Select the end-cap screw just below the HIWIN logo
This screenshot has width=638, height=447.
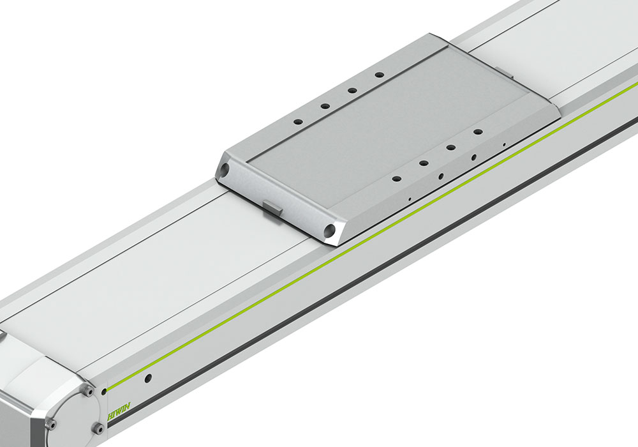pos(98,427)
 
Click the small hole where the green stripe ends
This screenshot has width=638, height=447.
pos(104,391)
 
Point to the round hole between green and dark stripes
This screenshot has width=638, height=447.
pos(148,379)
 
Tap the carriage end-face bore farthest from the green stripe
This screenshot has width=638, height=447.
pos(225,170)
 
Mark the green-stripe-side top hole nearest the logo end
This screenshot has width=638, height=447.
pos(396,179)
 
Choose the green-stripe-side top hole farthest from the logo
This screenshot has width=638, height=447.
pos(477,132)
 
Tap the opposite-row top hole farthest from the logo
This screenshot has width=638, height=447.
pos(379,75)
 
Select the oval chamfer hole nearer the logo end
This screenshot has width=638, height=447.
pos(441,175)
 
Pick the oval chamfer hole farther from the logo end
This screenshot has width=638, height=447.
pos(473,156)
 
